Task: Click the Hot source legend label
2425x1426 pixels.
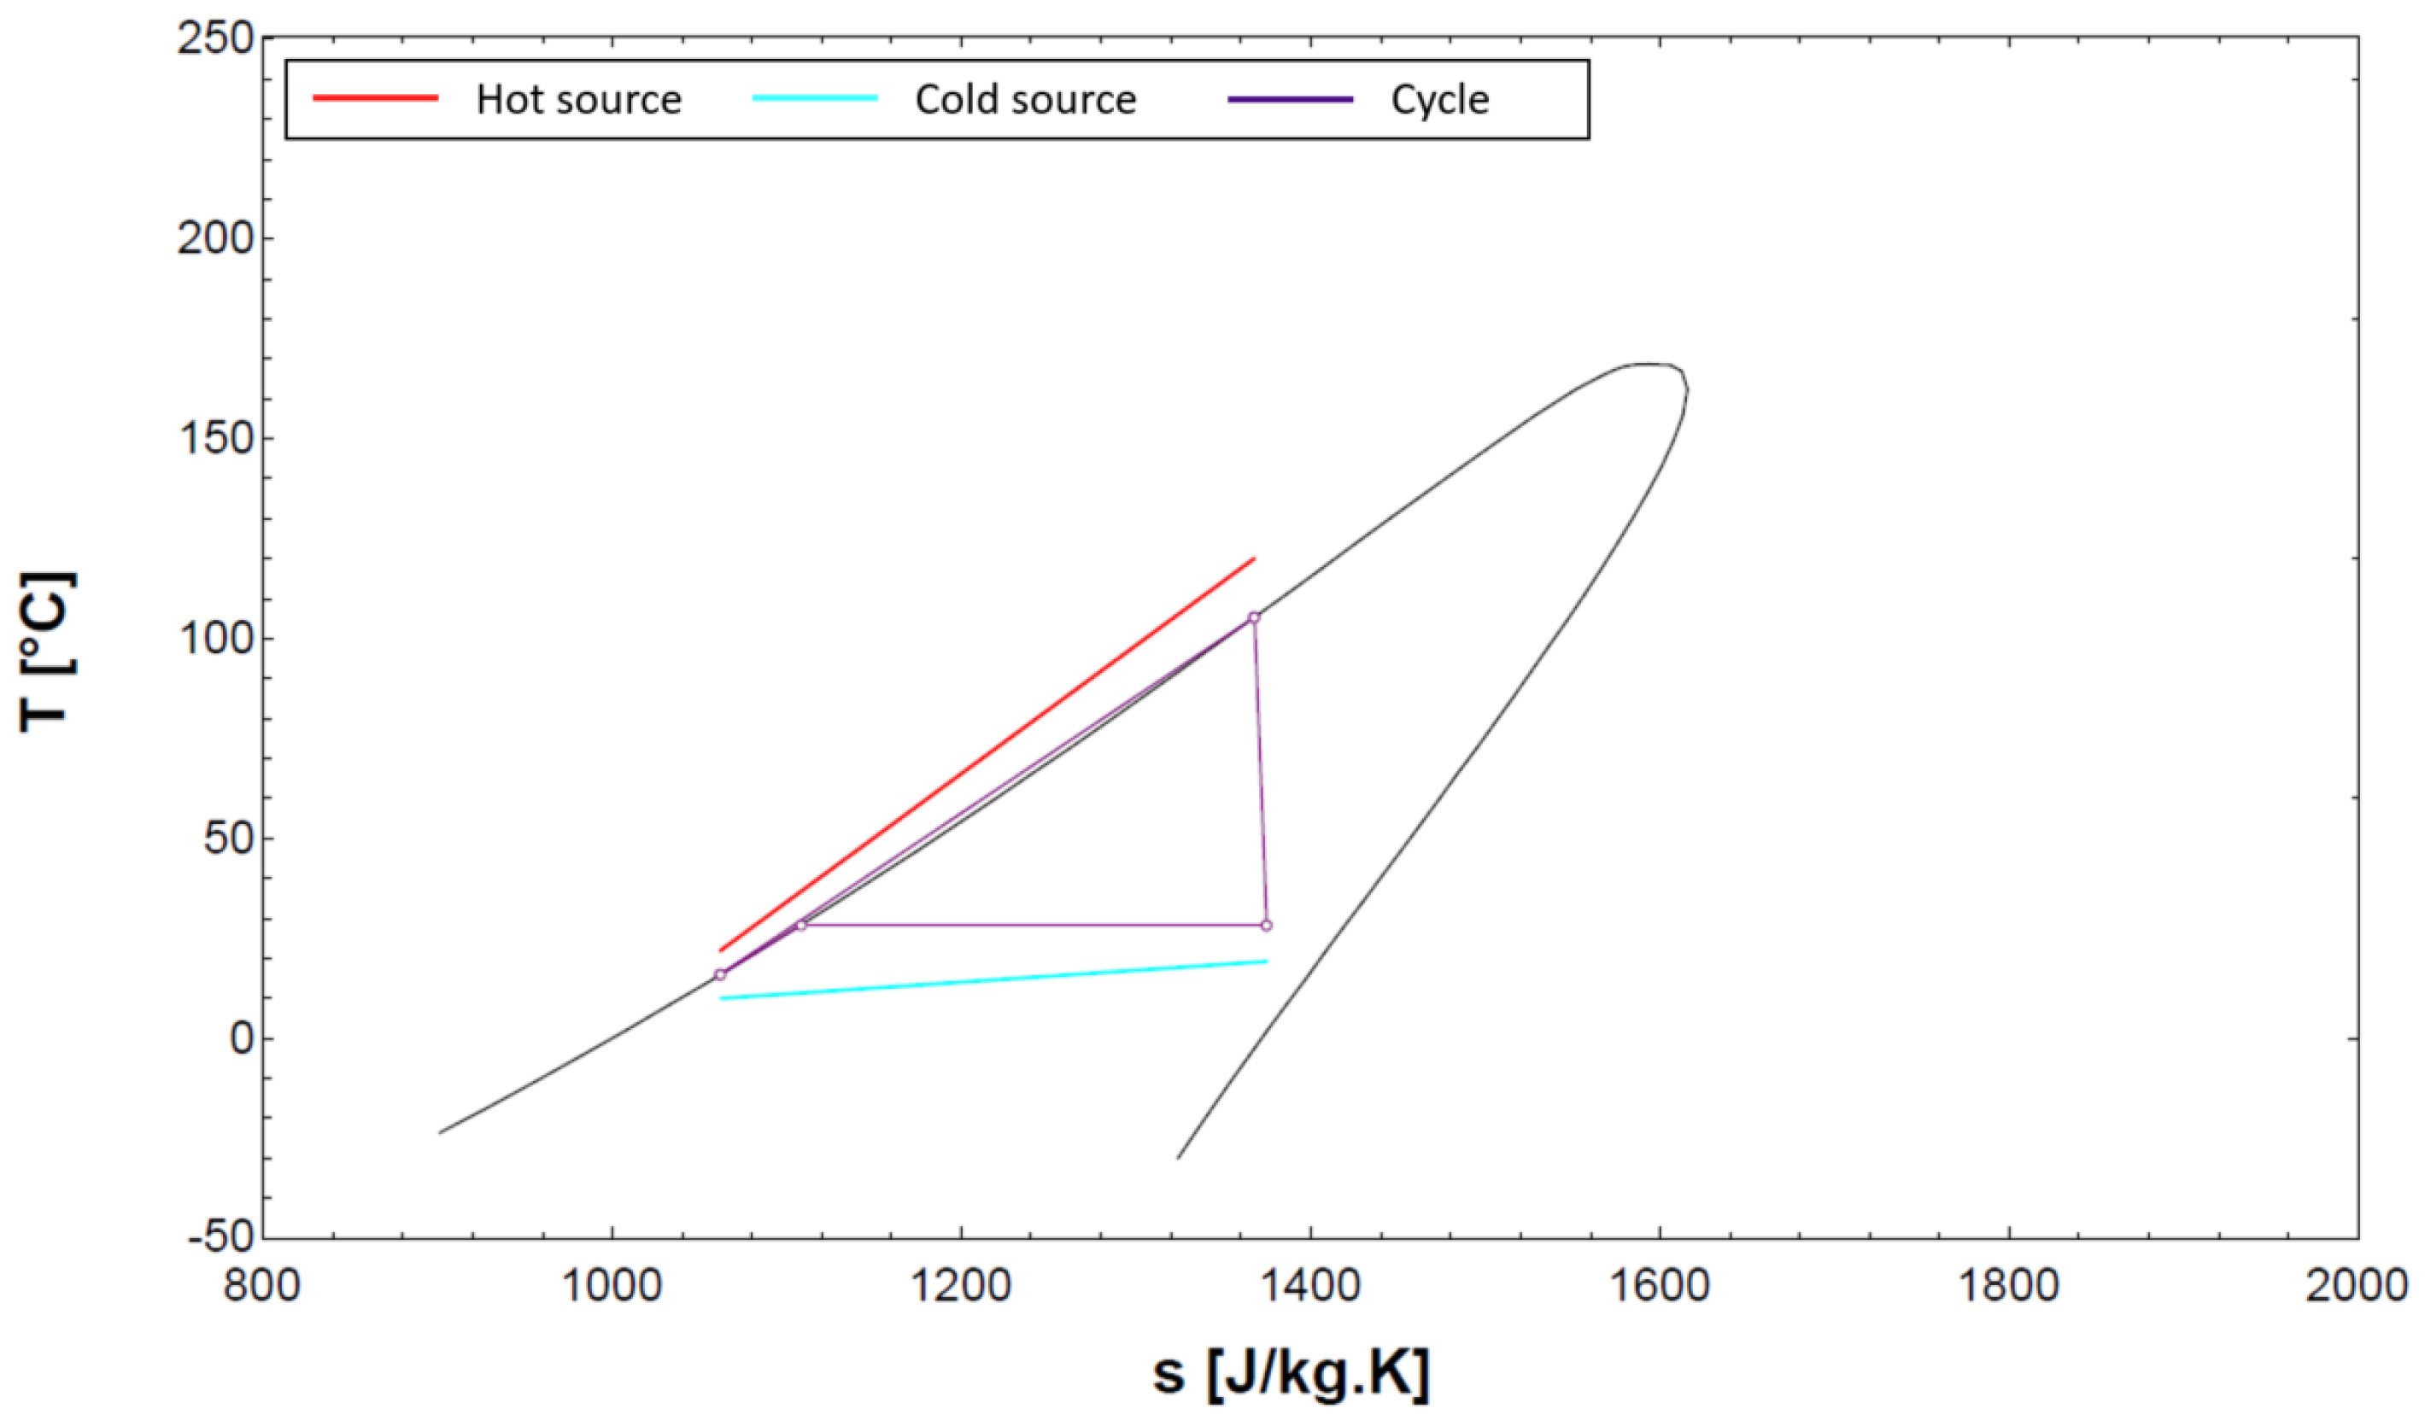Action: [578, 99]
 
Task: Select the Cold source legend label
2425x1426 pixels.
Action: [1026, 99]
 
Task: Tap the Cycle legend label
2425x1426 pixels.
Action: [1439, 99]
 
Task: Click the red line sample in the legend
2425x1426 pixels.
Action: [375, 98]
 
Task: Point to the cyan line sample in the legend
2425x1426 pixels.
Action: [814, 98]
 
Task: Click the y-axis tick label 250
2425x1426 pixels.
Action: [215, 39]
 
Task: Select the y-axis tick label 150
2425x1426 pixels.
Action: [215, 439]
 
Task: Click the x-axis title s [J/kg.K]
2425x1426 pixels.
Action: [1291, 1374]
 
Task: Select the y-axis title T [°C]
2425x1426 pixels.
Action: [46, 651]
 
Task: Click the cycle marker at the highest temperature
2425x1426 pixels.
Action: [1254, 617]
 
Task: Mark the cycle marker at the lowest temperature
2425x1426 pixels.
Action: [720, 975]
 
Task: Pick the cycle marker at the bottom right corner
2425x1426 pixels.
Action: [1267, 926]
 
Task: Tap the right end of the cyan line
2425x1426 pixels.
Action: [1267, 961]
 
